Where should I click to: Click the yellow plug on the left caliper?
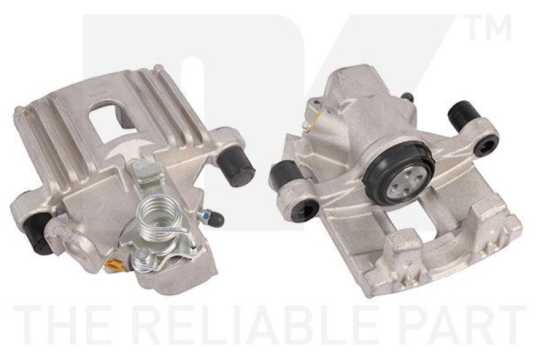(113, 265)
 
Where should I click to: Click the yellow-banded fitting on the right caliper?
(307, 124)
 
